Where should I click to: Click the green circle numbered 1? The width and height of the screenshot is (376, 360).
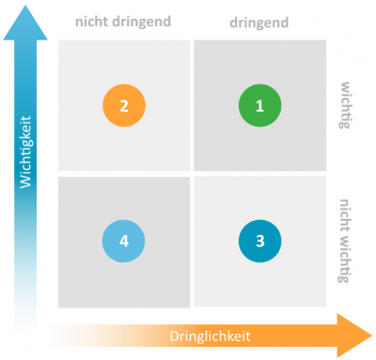(x=259, y=106)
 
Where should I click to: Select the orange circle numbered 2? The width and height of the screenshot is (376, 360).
(x=123, y=106)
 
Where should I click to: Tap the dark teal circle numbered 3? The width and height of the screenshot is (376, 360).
(x=259, y=240)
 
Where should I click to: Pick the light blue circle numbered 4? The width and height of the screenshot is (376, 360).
(x=123, y=241)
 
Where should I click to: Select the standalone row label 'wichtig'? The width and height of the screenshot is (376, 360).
(x=346, y=106)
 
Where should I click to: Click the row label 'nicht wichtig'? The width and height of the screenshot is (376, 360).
(x=346, y=240)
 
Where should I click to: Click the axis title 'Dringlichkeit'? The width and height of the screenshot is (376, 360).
(x=210, y=337)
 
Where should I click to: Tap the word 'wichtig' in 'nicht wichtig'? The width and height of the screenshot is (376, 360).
(x=346, y=258)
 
